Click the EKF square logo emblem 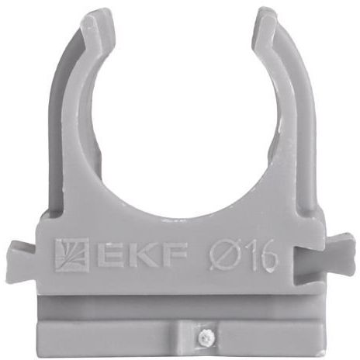71,254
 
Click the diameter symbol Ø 224,254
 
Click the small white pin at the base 206,337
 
